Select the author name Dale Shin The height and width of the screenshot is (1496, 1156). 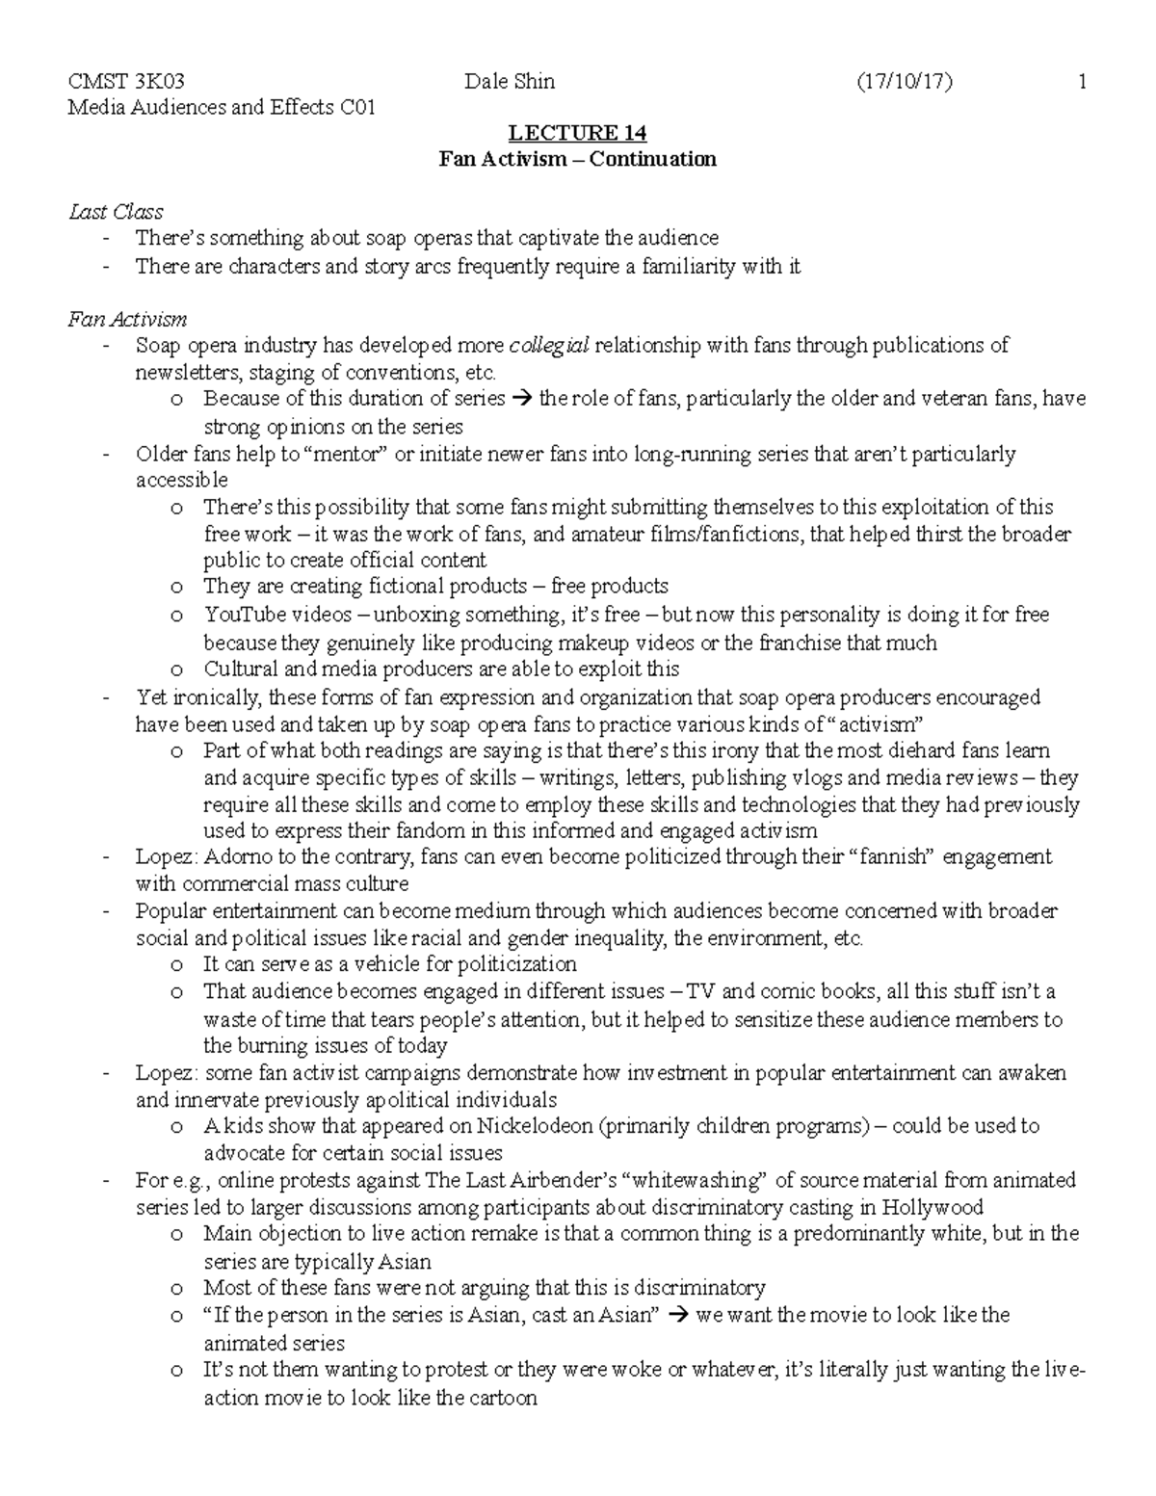tap(510, 83)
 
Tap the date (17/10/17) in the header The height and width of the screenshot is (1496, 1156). tap(904, 83)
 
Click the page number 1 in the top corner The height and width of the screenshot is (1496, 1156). tap(1083, 83)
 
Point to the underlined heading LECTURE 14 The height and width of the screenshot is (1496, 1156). tap(577, 133)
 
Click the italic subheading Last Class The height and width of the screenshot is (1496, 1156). tap(115, 212)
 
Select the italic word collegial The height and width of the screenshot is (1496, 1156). tap(548, 346)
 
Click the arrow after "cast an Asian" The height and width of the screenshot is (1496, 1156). tap(678, 1315)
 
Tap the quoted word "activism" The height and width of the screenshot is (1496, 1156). tap(877, 723)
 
